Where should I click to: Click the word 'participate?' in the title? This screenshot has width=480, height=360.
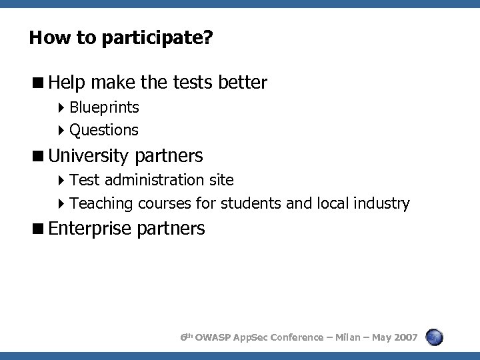(157, 38)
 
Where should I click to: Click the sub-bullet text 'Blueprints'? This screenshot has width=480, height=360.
(104, 107)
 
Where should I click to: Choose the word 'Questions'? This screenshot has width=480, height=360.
(104, 130)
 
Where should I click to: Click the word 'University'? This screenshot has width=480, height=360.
(89, 156)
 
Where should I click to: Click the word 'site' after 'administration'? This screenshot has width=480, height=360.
(221, 180)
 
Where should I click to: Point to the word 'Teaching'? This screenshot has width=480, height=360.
(101, 203)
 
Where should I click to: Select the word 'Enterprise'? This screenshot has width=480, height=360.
(90, 229)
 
